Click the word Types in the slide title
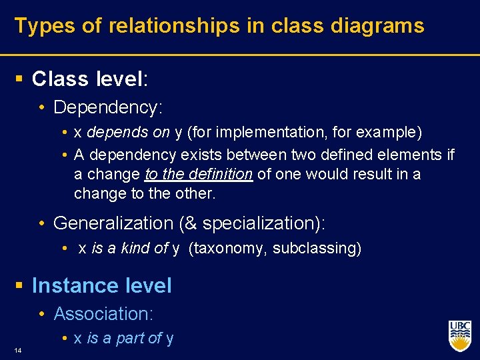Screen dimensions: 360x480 point(39,26)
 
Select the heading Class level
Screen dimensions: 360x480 point(89,79)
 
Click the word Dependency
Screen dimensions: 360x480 point(107,107)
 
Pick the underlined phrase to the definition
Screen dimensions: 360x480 point(198,174)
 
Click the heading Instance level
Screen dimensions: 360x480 point(101,285)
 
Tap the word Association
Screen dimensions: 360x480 point(102,313)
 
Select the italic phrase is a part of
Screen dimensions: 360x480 point(124,338)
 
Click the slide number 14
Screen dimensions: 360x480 point(17,349)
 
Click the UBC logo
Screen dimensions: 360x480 point(459,335)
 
